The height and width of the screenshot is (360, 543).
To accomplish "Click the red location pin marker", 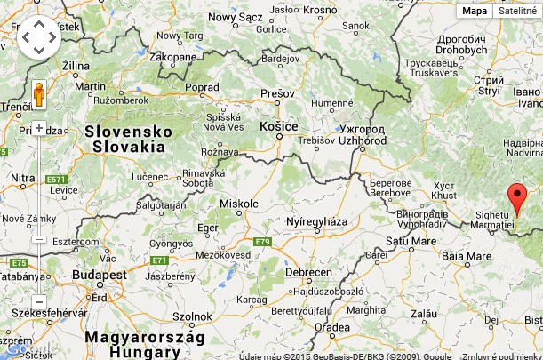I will tap(517, 198).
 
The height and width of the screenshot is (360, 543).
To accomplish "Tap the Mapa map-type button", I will tap(475, 11).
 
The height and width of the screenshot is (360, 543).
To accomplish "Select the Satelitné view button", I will tap(517, 11).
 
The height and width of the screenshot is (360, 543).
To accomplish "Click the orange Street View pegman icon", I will tap(38, 93).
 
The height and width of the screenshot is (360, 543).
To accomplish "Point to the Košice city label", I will tap(277, 127).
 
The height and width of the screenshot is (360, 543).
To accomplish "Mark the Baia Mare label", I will tap(467, 256).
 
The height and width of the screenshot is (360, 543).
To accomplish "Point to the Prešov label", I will tap(276, 93).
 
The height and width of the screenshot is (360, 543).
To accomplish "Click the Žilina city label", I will tap(76, 66).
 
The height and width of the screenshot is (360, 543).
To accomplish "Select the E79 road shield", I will tap(261, 242).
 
